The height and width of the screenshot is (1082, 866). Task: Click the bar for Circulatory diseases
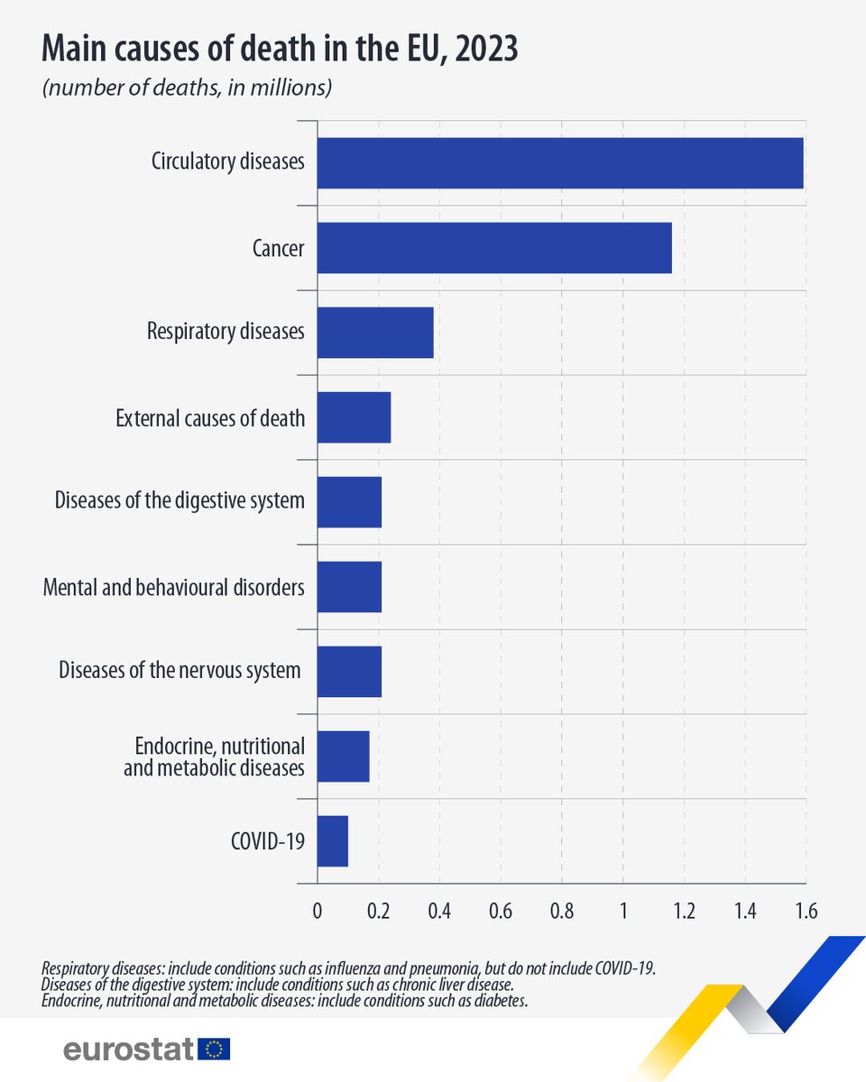[559, 163]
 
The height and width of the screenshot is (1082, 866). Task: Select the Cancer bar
[494, 247]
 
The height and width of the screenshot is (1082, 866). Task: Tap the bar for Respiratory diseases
[375, 332]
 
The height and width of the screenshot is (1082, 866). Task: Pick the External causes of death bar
[354, 417]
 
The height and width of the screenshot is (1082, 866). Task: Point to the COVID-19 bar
[332, 840]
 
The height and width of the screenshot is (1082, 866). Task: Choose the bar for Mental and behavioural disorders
[349, 586]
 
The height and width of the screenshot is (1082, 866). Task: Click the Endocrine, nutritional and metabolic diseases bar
[343, 756]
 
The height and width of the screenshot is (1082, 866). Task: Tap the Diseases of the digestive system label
[180, 500]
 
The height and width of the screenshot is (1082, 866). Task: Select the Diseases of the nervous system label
[180, 670]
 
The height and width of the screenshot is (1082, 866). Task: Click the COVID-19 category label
[268, 841]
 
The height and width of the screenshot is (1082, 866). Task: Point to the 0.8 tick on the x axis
[561, 911]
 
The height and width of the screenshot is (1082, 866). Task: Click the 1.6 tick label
[806, 911]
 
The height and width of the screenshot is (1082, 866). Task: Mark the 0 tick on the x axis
[318, 911]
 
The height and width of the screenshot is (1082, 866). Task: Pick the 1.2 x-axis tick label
[684, 911]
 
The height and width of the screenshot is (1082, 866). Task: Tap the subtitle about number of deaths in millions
[188, 88]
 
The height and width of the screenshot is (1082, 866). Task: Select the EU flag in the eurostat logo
[215, 1049]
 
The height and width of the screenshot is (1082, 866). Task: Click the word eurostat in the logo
[129, 1049]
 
